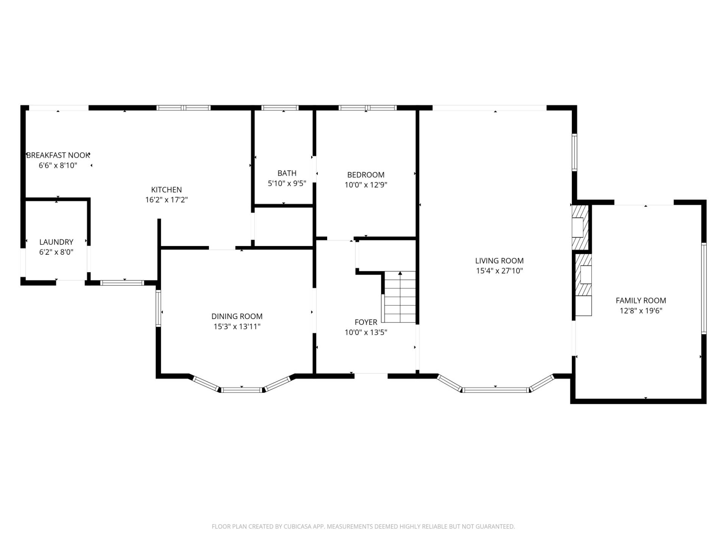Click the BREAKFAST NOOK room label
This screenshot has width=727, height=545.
pos(58,155)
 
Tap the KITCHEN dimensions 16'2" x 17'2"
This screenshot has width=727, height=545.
pos(167,200)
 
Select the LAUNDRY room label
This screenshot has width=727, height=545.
pos(56,242)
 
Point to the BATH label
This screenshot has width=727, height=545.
pos(287,173)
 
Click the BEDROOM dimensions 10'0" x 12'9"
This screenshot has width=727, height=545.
pos(366,185)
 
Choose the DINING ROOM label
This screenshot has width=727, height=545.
pos(237,316)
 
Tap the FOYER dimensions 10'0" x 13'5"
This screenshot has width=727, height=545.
pos(366,332)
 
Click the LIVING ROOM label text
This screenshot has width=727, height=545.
pos(499,260)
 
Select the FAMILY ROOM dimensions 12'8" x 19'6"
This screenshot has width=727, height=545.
pos(641,311)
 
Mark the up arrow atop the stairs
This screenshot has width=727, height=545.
pos(400,273)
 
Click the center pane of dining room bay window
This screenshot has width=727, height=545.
pos(242,389)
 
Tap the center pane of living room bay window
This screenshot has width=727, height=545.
pos(495,389)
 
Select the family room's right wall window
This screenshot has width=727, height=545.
pos(704,288)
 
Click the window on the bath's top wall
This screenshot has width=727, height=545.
pos(280,108)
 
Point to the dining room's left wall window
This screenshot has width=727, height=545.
pos(158,308)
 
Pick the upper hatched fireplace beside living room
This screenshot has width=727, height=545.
pos(580,227)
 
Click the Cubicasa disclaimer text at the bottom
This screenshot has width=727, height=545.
pos(363,526)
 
